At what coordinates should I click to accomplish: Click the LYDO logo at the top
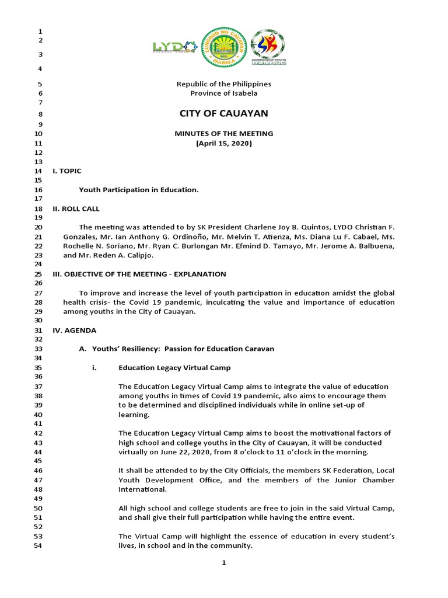click(174, 47)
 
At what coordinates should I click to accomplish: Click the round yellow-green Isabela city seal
click(223, 47)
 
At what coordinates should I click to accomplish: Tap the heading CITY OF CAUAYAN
click(224, 113)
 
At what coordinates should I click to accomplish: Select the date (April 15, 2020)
click(224, 143)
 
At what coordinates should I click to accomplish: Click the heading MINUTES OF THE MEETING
click(224, 134)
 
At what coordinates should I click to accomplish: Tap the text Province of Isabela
click(224, 93)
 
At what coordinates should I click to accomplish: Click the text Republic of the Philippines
click(224, 84)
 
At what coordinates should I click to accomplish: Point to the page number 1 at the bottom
click(224, 563)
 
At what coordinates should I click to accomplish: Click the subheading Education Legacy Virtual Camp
click(174, 368)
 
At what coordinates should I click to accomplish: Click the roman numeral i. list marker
click(94, 368)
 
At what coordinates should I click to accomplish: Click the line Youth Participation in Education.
click(139, 190)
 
